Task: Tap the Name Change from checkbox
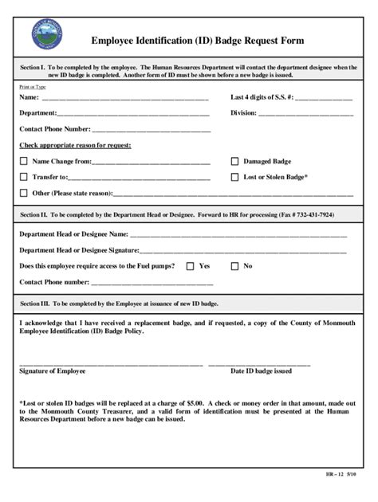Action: pyautogui.click(x=23, y=161)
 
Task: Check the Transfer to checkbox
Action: pyautogui.click(x=23, y=177)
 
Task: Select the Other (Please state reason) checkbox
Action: pyautogui.click(x=23, y=193)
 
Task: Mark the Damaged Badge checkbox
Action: pyautogui.click(x=234, y=161)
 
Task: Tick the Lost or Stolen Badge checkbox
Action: pyautogui.click(x=234, y=177)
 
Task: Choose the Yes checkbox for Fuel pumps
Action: pyautogui.click(x=190, y=266)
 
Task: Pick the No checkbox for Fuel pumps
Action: pyautogui.click(x=234, y=266)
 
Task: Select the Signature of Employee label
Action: pyautogui.click(x=53, y=371)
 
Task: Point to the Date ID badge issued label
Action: pyautogui.click(x=261, y=371)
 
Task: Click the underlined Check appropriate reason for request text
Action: pyautogui.click(x=75, y=145)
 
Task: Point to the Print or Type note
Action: pyautogui.click(x=33, y=86)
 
